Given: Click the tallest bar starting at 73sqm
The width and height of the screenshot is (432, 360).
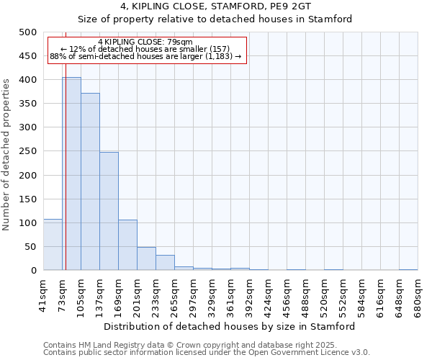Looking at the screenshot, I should tap(71, 174).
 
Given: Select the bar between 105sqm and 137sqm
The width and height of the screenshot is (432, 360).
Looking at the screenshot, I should tap(90, 181).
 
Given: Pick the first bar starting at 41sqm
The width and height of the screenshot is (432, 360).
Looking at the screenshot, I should tap(53, 245).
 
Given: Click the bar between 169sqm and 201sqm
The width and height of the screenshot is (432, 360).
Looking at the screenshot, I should tap(127, 245).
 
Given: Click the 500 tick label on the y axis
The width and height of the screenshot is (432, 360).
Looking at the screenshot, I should tap(28, 32).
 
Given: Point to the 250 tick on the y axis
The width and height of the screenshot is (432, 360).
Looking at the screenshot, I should tap(28, 151).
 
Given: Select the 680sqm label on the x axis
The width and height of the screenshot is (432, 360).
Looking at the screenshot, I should tap(418, 294).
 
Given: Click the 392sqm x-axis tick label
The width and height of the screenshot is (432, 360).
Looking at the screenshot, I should tap(249, 294).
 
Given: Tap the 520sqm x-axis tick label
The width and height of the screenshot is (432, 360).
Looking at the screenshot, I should tap(324, 294).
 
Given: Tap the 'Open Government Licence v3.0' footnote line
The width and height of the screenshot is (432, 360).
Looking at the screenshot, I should tap(207, 353).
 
